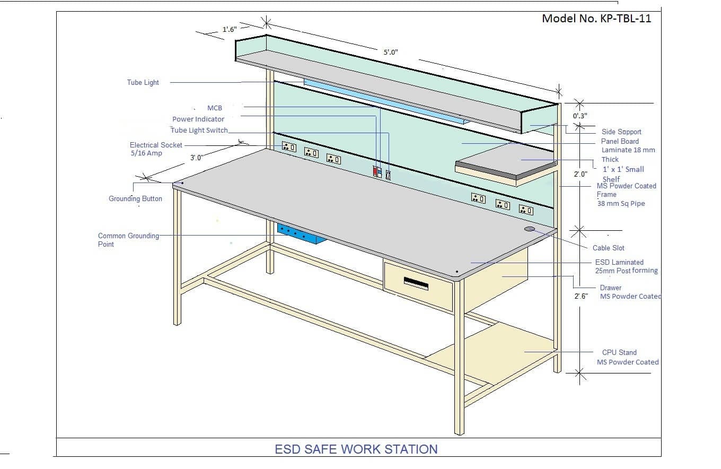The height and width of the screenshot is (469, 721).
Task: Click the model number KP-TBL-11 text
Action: [596, 19]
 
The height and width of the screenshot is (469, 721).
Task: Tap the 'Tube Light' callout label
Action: [143, 82]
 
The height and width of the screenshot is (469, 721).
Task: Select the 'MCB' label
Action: [214, 108]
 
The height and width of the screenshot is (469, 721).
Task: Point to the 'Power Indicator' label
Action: [198, 119]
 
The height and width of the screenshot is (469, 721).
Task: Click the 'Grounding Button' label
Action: [135, 199]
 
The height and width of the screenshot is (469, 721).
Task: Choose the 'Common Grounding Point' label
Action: [128, 240]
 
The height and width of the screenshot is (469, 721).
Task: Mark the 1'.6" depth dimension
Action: [229, 30]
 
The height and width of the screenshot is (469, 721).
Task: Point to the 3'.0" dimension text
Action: [197, 158]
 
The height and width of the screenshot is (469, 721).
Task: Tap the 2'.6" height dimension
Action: [581, 297]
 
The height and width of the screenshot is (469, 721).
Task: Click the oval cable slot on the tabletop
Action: [530, 229]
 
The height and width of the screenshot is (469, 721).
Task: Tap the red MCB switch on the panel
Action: [375, 171]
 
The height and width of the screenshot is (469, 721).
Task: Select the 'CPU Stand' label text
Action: [619, 352]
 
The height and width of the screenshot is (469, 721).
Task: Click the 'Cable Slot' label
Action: [609, 248]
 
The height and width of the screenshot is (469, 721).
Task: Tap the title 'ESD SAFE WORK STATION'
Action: [356, 449]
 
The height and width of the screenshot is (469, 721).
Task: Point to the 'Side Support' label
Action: [621, 132]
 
